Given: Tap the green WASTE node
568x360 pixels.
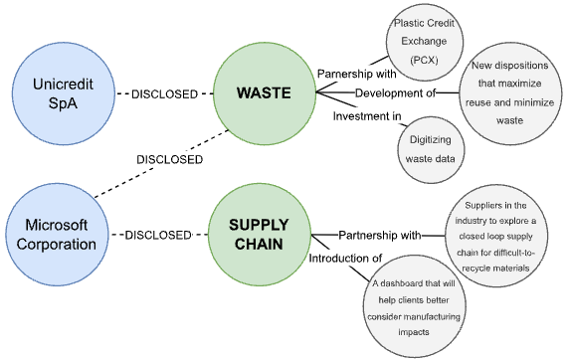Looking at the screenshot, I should coord(262,93).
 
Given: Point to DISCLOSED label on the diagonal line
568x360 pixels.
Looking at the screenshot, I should coord(170,158).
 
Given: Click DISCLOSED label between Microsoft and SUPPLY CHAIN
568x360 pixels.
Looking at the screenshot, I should coord(157,236).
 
